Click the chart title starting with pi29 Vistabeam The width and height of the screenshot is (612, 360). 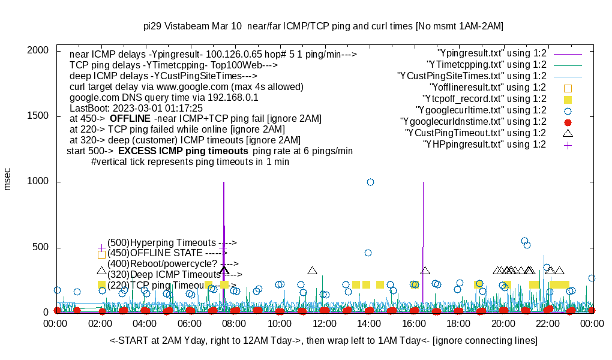(x=323, y=26)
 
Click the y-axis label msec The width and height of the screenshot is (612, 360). (x=8, y=179)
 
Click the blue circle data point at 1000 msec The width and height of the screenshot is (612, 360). (x=370, y=182)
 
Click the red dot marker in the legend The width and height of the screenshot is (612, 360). (x=568, y=122)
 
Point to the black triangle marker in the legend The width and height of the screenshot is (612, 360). (x=568, y=133)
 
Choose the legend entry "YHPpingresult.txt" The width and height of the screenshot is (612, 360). (x=484, y=144)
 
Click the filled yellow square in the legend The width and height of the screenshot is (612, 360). (x=568, y=99)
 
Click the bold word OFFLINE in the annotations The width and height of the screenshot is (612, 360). (x=130, y=119)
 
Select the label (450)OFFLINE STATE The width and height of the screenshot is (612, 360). (x=163, y=253)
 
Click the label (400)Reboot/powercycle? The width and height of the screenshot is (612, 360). (x=163, y=263)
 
